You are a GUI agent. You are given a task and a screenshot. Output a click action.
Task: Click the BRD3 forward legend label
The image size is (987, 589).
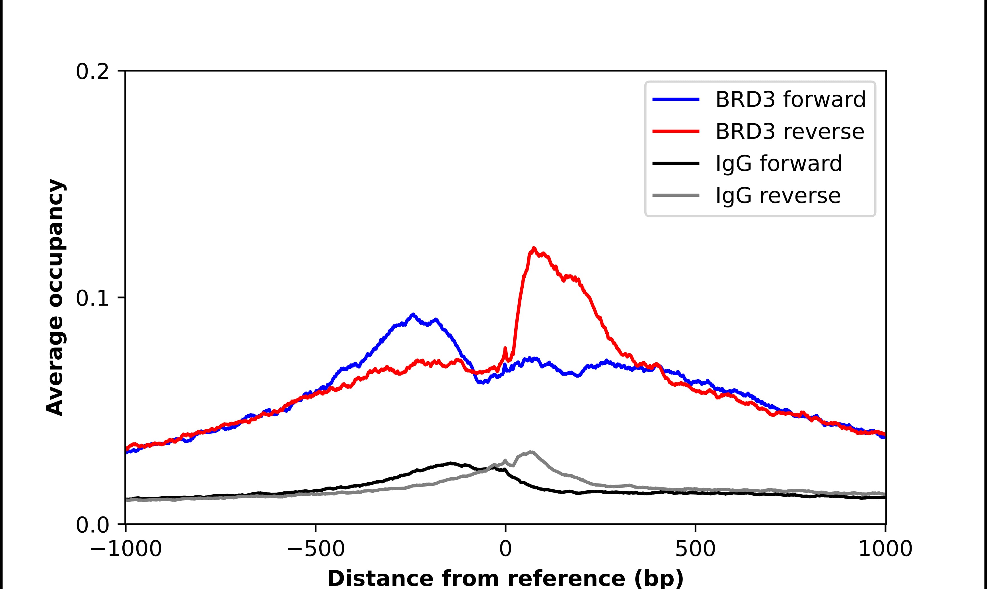(x=790, y=100)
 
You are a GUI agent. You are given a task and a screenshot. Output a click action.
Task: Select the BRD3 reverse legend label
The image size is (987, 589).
(x=789, y=132)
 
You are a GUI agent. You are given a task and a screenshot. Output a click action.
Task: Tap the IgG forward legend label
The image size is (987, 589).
(x=778, y=164)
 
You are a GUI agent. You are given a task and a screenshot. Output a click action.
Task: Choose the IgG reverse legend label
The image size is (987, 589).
(x=778, y=196)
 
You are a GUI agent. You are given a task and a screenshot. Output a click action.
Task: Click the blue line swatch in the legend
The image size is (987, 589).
(x=676, y=100)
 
